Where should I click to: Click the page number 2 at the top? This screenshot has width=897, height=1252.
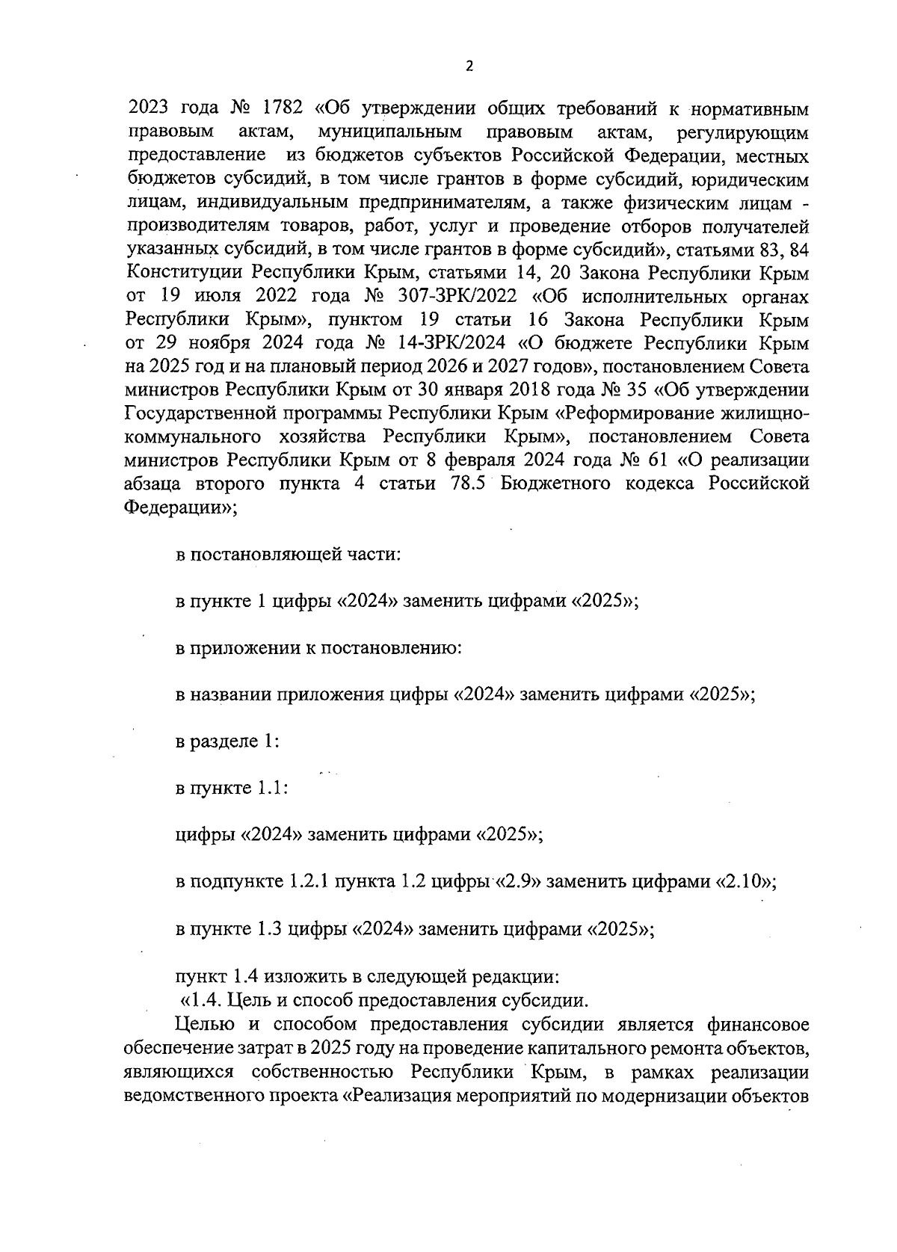coord(469,66)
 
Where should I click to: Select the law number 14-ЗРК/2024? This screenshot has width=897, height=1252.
coord(456,344)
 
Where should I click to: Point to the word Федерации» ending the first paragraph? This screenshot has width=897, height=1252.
coord(180,508)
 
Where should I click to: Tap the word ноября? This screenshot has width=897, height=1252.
coord(228,344)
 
